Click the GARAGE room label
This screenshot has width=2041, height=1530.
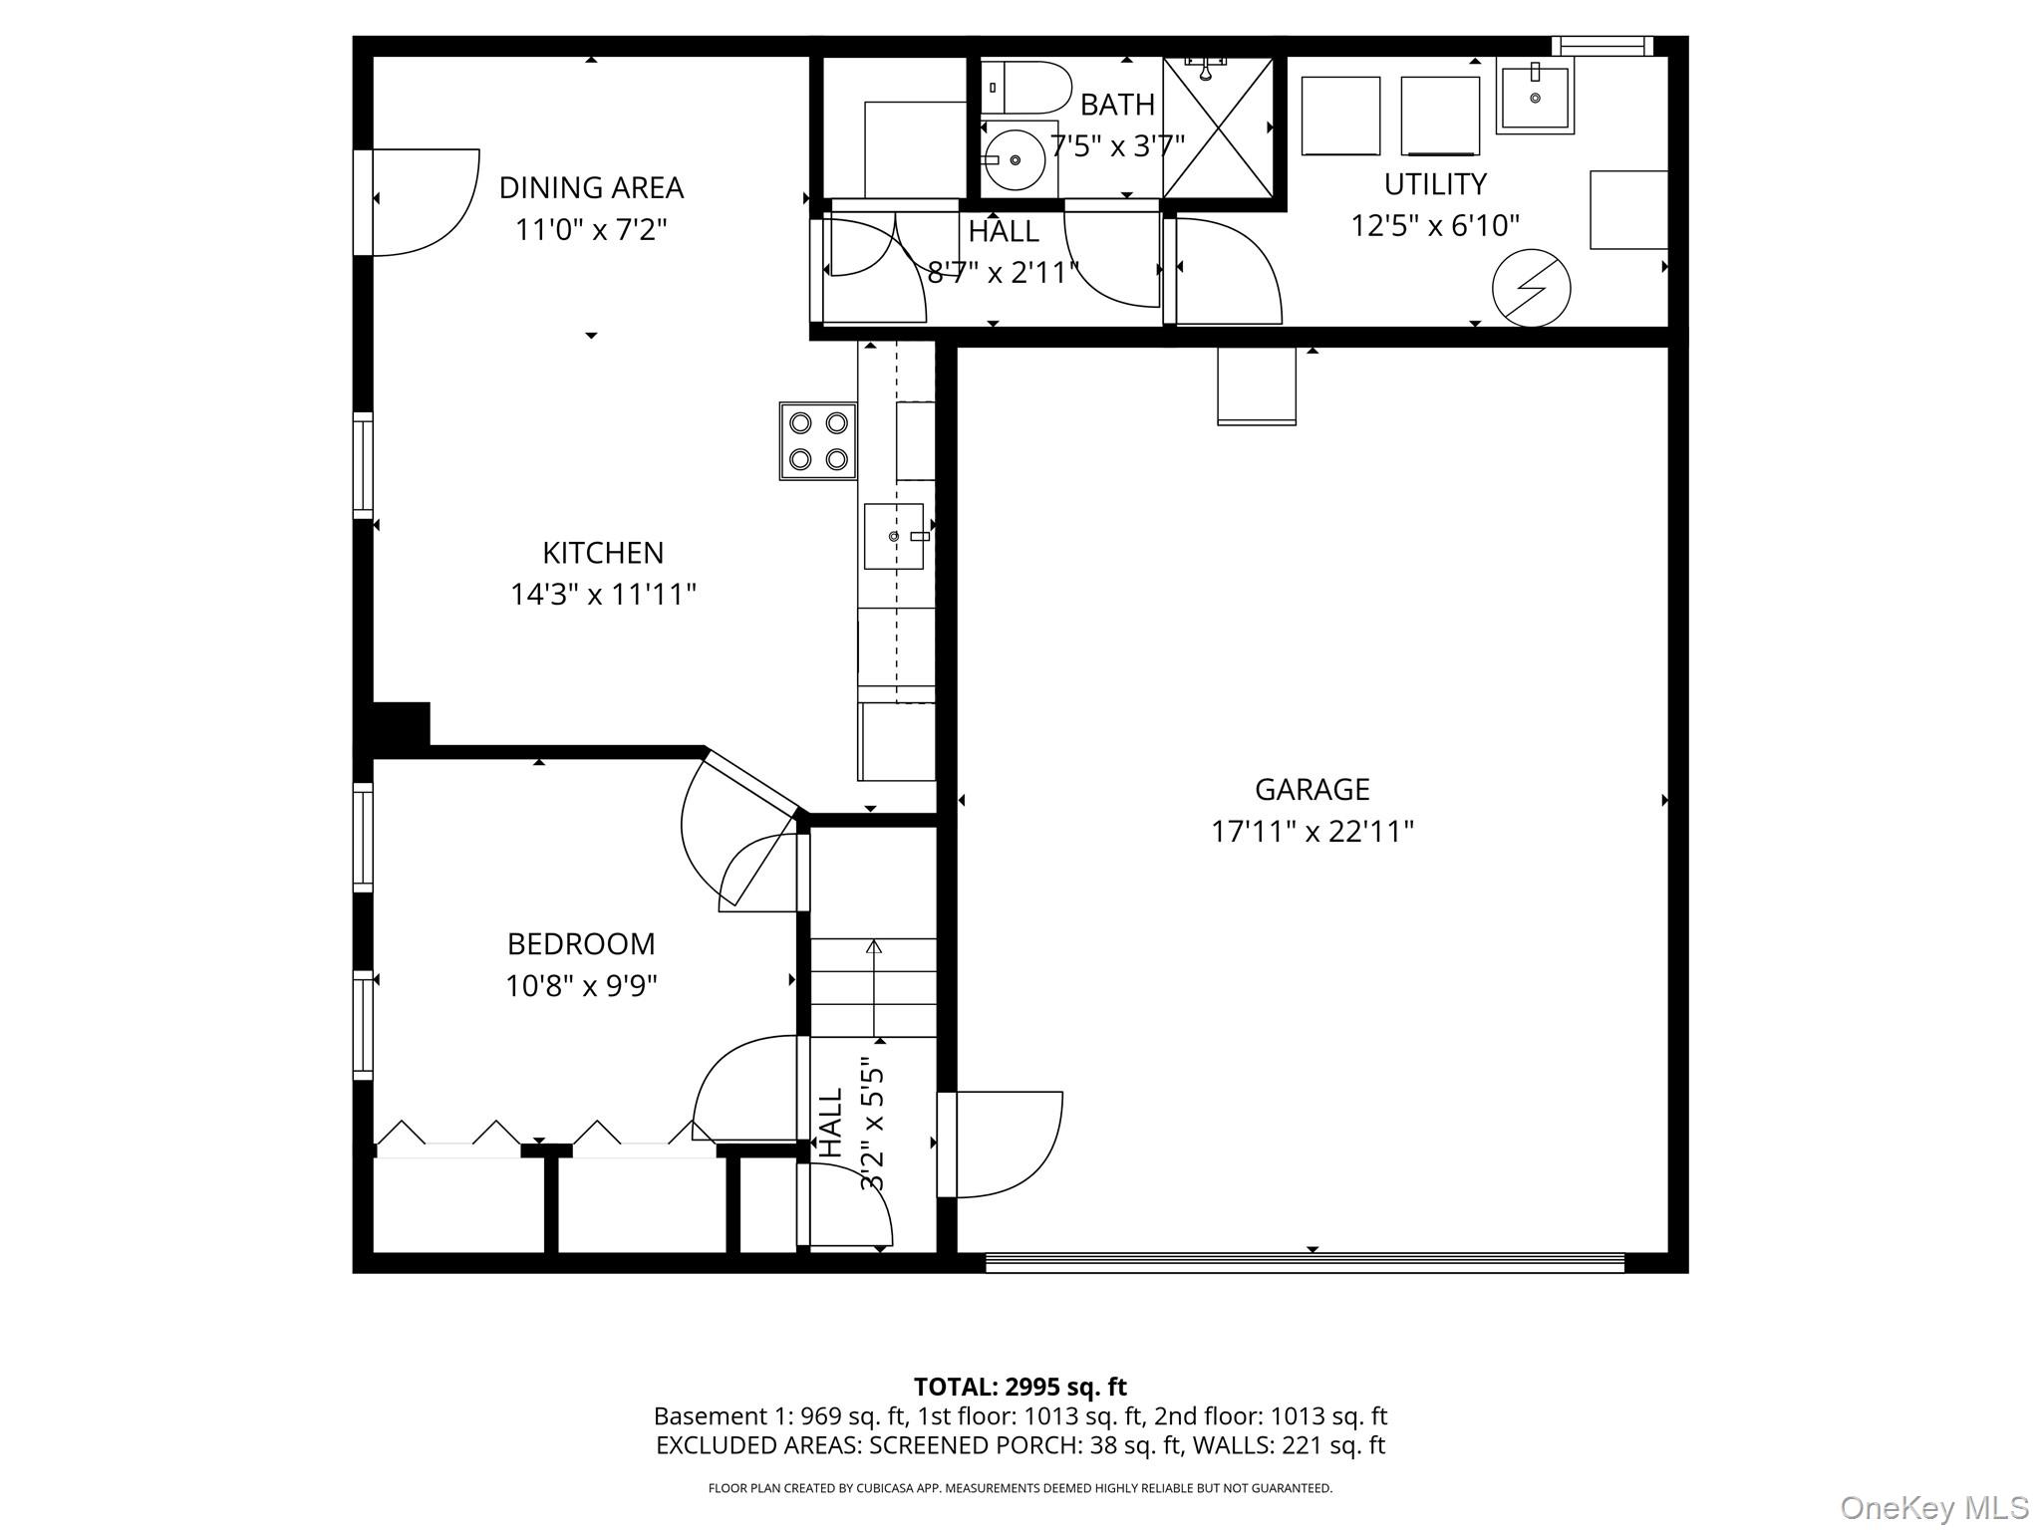1312,789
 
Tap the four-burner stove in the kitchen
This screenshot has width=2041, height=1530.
818,441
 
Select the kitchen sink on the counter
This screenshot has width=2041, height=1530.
894,536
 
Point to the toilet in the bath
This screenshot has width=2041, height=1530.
1025,88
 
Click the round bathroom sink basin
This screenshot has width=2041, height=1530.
1015,159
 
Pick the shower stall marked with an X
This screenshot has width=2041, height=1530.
1218,127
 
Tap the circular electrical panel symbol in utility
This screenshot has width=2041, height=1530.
1531,288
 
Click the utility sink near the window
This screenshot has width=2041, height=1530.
1535,96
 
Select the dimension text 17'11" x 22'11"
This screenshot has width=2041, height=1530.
1312,831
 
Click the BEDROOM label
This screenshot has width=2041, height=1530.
581,943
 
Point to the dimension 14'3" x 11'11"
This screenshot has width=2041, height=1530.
603,595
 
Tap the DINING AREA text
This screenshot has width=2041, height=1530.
591,187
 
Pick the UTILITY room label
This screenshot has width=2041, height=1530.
1435,184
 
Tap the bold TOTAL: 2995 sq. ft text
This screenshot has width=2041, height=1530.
1020,1387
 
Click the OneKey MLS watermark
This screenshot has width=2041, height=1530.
1934,1508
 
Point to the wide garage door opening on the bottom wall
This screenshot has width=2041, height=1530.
1306,1263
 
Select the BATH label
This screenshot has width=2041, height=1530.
1117,105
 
